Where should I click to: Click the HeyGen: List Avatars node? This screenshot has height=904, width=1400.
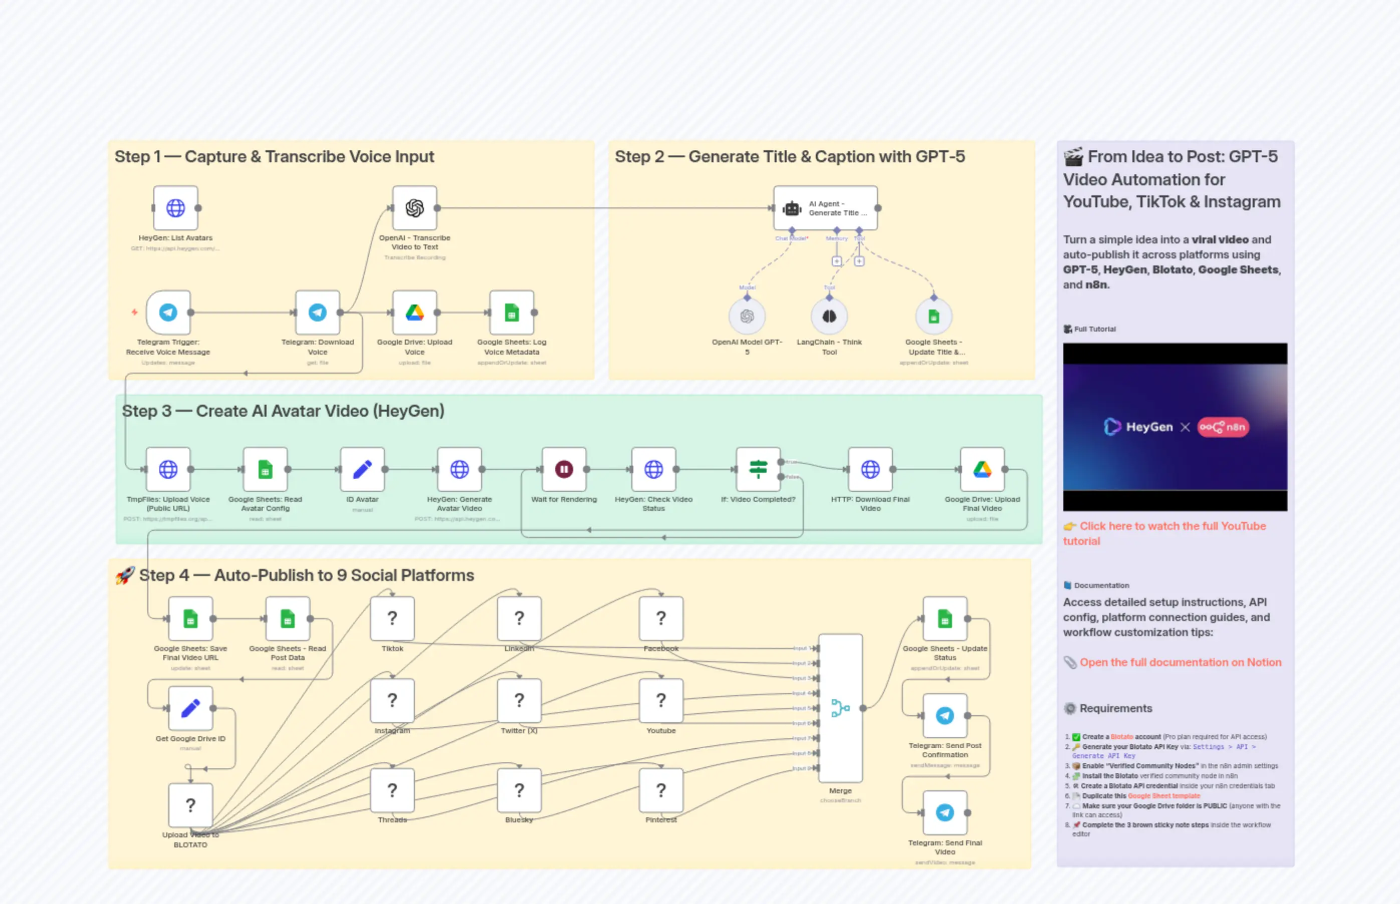click(175, 208)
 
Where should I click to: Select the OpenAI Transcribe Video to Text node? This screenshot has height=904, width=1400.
click(414, 208)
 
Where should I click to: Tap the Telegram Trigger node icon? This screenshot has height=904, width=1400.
click(168, 313)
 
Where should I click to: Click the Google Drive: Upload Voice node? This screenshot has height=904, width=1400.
click(414, 313)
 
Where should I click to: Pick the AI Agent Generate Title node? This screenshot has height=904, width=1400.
click(825, 208)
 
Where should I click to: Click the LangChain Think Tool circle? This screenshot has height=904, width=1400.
click(829, 317)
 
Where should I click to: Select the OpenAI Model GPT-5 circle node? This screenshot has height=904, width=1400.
click(747, 317)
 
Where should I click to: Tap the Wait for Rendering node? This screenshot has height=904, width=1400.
click(564, 469)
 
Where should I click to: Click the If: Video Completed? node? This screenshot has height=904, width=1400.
click(758, 469)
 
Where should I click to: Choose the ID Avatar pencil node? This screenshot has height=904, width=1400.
click(362, 469)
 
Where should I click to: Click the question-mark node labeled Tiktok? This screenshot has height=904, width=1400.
click(392, 618)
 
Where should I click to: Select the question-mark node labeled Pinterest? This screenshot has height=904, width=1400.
click(660, 790)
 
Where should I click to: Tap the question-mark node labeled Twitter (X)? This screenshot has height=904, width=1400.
click(519, 700)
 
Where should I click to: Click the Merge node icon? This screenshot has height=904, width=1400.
click(840, 708)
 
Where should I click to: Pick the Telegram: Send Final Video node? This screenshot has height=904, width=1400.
click(945, 812)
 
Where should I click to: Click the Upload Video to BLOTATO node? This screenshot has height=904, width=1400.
click(190, 805)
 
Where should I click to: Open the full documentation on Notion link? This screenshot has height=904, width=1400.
click(1180, 662)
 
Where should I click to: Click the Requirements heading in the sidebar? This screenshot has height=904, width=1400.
click(1115, 708)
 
